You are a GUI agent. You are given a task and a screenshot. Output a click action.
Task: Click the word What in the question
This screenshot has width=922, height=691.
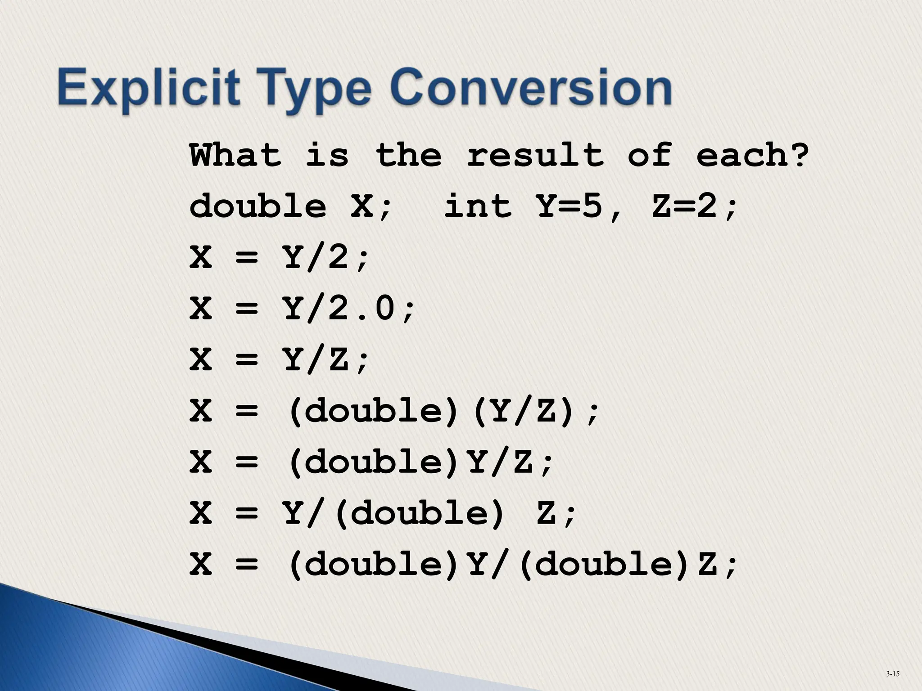click(235, 155)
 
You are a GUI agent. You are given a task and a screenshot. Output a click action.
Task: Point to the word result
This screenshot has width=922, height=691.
click(535, 155)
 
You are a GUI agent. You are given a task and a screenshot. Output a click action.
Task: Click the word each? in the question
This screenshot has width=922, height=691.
click(753, 155)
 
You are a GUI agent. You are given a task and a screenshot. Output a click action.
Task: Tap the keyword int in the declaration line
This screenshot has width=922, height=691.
click(478, 206)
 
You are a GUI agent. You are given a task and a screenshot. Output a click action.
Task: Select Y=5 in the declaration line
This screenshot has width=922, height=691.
click(570, 206)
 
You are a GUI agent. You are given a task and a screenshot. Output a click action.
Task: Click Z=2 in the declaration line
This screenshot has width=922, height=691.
click(684, 206)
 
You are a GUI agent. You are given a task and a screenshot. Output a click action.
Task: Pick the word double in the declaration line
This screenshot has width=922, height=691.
click(258, 206)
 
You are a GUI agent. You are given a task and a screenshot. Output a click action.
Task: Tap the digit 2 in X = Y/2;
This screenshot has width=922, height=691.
click(338, 258)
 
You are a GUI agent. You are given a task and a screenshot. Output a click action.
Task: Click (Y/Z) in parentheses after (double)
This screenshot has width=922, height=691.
click(524, 411)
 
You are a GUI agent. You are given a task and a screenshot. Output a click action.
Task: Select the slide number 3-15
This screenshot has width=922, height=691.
click(892, 673)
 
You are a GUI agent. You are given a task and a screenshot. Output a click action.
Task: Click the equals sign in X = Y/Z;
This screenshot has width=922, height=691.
click(247, 360)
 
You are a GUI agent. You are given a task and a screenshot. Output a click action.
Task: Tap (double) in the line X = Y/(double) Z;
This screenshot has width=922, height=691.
click(419, 513)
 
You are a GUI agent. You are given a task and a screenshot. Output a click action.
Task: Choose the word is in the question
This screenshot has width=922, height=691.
click(327, 155)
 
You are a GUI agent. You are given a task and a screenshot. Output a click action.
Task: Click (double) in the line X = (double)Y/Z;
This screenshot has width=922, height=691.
click(373, 462)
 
